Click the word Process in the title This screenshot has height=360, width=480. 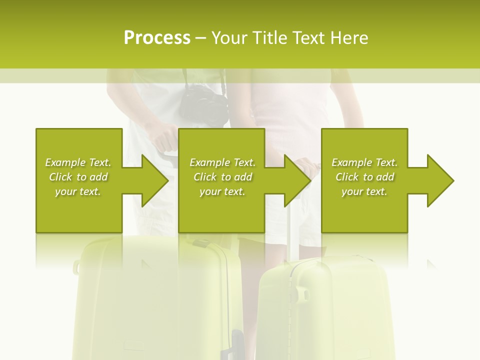pos(157,38)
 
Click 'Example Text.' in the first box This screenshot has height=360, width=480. pos(78,162)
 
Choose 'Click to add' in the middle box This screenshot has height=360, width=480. pos(223,177)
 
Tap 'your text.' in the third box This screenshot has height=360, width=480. pos(364,191)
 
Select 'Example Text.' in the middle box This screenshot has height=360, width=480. pos(222,162)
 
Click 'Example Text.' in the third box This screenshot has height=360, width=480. pos(364,162)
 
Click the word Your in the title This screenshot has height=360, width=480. pos(229,38)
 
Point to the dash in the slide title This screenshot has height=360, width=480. pos(200,38)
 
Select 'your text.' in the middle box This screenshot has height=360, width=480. pos(222,191)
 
